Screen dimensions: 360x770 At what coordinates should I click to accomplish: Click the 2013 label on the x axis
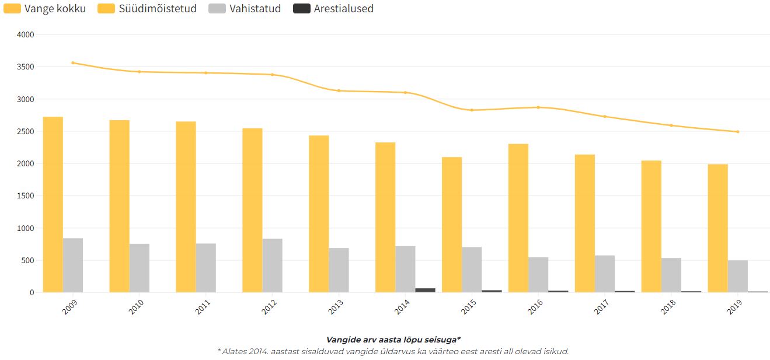(x=336, y=307)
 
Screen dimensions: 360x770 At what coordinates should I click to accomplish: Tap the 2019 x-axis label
(x=736, y=307)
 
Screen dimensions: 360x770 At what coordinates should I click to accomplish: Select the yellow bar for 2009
(x=53, y=204)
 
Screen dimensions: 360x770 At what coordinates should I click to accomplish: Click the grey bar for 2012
(x=273, y=265)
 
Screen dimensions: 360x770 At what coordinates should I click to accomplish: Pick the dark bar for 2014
(x=425, y=290)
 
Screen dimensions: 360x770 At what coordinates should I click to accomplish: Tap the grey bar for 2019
(x=738, y=276)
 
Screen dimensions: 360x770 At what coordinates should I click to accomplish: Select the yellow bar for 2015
(x=452, y=225)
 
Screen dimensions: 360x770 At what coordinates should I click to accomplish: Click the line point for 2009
(x=73, y=62)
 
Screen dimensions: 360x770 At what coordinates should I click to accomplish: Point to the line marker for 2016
(x=538, y=107)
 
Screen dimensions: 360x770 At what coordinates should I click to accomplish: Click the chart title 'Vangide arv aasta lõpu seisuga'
(x=393, y=340)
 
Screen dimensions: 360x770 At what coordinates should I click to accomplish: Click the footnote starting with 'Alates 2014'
(x=393, y=352)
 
